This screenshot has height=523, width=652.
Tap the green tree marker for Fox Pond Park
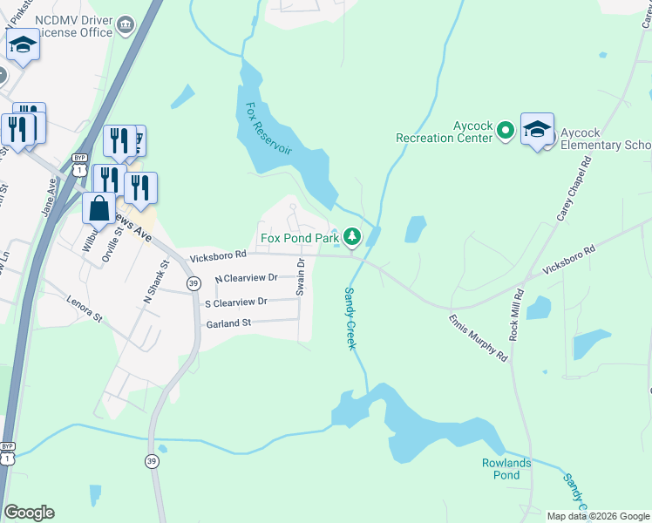(352, 236)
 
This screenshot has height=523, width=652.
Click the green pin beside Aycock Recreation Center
(506, 132)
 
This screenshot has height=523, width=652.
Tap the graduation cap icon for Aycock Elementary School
(537, 130)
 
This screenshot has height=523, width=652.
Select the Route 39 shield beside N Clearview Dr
(193, 283)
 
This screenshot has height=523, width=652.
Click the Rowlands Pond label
(506, 469)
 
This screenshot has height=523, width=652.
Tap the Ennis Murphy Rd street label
(478, 336)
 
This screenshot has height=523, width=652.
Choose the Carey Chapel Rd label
(574, 188)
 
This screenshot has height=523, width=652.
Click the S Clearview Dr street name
(235, 302)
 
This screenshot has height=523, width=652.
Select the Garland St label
(228, 323)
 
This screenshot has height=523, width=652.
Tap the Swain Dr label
(300, 276)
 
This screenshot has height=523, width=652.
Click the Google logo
(29, 513)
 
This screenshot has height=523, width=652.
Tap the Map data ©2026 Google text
(598, 516)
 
